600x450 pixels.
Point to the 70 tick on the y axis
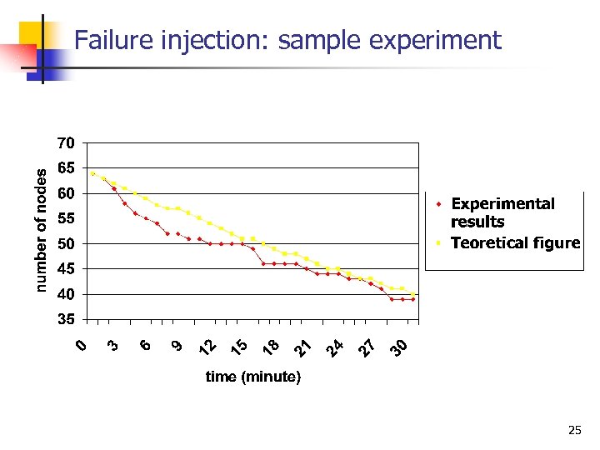66,143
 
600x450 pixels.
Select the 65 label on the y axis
66,168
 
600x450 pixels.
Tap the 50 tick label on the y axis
66,244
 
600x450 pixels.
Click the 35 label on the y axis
66,320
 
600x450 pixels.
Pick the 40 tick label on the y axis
66,295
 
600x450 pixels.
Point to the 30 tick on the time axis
400,346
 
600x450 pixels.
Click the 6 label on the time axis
145,344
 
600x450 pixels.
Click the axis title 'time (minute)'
252,377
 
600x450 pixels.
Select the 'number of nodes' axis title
42,228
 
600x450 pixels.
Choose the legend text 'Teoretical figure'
515,243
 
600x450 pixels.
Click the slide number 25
573,431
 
